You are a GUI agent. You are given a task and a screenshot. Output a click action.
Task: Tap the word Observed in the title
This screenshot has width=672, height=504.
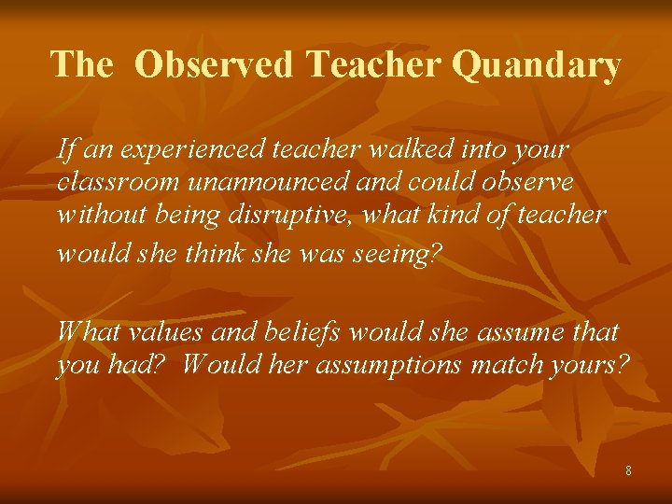[214, 65]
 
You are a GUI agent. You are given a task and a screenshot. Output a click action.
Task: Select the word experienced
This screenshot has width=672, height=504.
[188, 149]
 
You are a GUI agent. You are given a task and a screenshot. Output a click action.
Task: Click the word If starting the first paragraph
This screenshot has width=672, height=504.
[65, 148]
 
